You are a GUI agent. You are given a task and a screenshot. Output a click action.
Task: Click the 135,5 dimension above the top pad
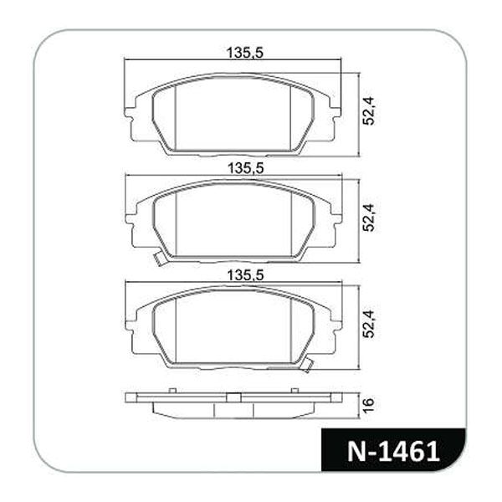(x=244, y=53)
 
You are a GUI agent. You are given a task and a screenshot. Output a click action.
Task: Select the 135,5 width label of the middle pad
(x=245, y=169)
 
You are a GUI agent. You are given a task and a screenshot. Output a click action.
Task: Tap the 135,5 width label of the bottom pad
(x=245, y=275)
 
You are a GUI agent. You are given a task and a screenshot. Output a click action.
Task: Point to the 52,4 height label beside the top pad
(x=368, y=111)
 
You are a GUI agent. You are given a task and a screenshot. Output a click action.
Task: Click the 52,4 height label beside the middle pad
(x=368, y=218)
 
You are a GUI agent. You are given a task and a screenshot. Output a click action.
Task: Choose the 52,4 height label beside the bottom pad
(x=368, y=324)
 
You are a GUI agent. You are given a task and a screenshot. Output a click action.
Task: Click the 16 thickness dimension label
(x=368, y=405)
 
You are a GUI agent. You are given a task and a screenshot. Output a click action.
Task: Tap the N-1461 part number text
(x=393, y=452)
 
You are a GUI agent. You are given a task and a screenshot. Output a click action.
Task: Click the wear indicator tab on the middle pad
(x=160, y=258)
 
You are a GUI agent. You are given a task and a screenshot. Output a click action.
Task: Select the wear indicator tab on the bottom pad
(x=307, y=365)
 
